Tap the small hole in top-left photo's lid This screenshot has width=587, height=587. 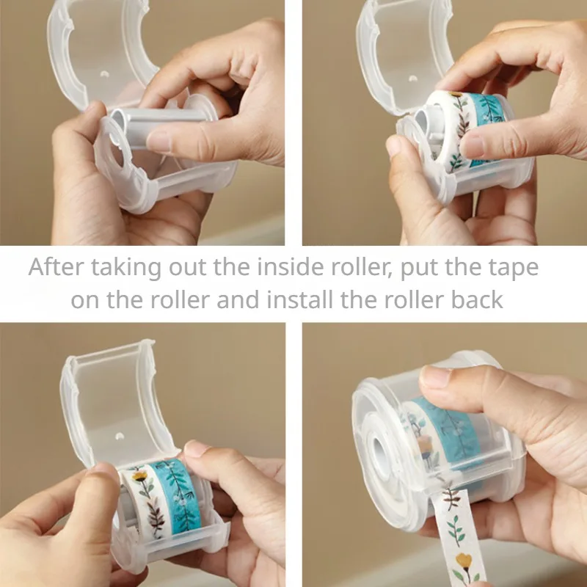103,74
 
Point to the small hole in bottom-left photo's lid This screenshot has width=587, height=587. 117,434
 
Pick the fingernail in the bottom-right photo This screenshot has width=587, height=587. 435,378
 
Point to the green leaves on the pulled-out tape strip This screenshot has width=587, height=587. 456,522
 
